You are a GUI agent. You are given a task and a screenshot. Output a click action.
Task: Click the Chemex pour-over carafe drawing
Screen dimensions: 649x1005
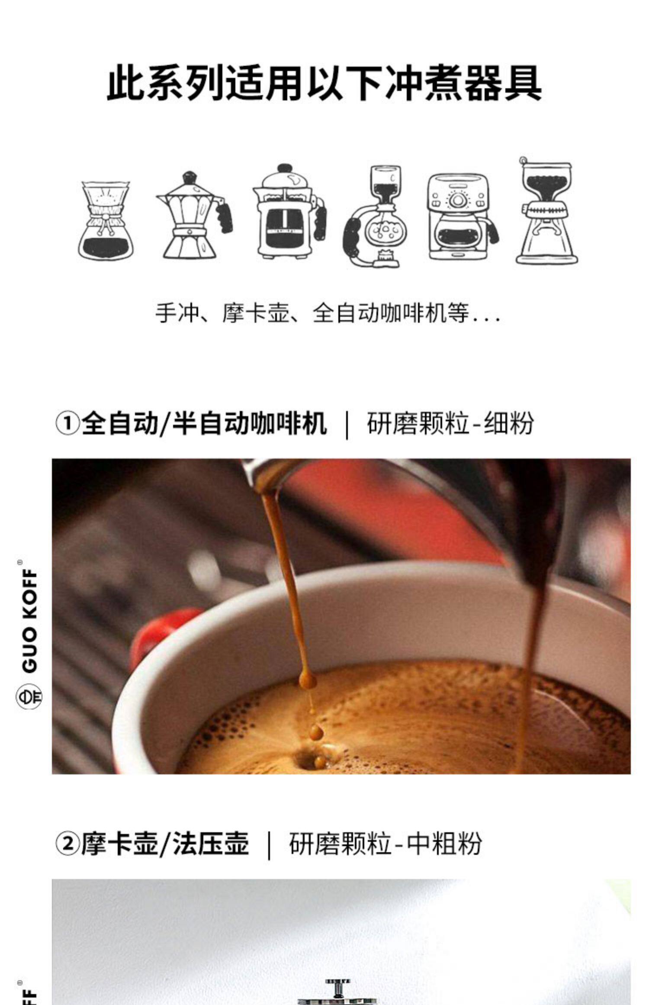pyautogui.click(x=106, y=220)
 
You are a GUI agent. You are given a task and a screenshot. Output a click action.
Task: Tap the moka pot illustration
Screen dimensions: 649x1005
pyautogui.click(x=194, y=215)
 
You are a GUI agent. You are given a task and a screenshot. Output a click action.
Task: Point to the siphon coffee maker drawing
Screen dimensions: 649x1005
pyautogui.click(x=374, y=216)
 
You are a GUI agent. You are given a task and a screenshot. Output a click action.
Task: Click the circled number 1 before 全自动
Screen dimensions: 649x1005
pyautogui.click(x=67, y=423)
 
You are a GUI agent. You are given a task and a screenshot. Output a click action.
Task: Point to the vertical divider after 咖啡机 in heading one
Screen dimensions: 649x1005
pyautogui.click(x=347, y=424)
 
